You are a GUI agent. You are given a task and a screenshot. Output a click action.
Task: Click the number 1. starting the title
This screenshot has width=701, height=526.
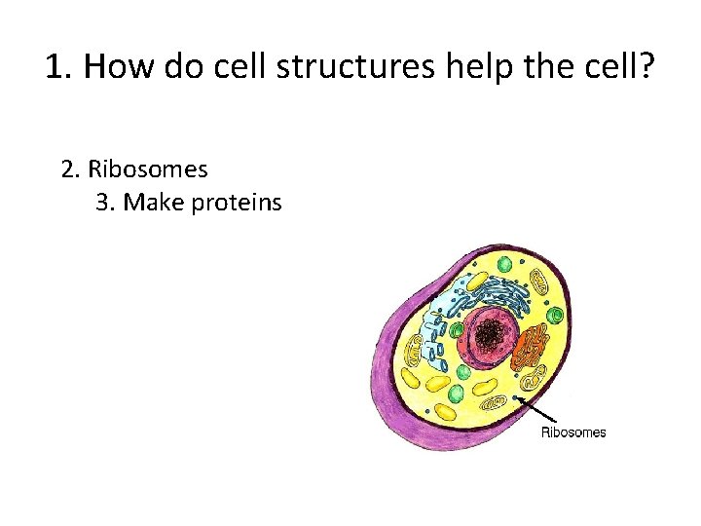(59, 68)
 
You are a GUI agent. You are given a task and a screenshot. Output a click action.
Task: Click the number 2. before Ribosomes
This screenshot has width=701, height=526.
(71, 169)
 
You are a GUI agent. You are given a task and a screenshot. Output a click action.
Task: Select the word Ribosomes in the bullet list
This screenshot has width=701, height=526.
(148, 169)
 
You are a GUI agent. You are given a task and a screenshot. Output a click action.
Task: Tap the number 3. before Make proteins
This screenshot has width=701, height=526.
(106, 203)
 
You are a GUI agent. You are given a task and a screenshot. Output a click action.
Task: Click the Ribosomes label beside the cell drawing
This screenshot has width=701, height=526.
(572, 432)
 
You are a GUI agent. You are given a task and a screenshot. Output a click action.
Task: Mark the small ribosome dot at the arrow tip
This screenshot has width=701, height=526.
(516, 397)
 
